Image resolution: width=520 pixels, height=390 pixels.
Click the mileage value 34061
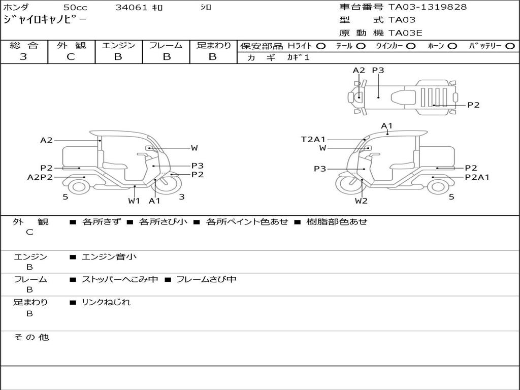[x=131, y=8]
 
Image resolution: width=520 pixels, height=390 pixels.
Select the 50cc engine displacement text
[x=75, y=8]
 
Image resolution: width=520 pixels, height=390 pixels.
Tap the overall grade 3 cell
[x=24, y=57]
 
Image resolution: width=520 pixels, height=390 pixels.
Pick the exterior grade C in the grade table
[x=71, y=57]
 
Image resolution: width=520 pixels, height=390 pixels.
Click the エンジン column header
[x=119, y=46]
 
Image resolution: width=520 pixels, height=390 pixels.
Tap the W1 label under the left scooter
[x=134, y=201]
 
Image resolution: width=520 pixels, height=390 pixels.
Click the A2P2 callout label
[x=40, y=177]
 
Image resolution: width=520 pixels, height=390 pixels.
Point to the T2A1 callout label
[x=313, y=139]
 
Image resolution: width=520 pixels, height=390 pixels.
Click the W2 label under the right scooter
[x=361, y=201]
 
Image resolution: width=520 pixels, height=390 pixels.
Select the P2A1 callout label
[x=477, y=177]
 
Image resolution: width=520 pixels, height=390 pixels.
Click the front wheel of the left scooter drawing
[x=166, y=186]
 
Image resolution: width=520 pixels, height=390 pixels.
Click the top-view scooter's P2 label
[x=473, y=105]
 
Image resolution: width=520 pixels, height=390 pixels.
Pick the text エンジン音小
[x=109, y=257]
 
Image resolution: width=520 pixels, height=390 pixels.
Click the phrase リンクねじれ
[x=106, y=302]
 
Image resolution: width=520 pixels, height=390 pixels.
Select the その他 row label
[x=31, y=337]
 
